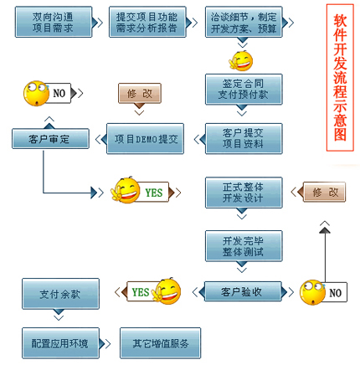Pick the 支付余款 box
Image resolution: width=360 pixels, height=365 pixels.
pyautogui.click(x=60, y=295)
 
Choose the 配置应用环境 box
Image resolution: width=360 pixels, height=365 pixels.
pyautogui.click(x=60, y=342)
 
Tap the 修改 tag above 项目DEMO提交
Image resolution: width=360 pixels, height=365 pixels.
pyautogui.click(x=139, y=93)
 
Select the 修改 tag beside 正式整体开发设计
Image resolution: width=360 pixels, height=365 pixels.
pyautogui.click(x=326, y=192)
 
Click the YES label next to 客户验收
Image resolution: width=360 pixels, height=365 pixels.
pyautogui.click(x=139, y=291)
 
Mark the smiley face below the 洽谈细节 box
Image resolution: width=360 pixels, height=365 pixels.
pyautogui.click(x=241, y=60)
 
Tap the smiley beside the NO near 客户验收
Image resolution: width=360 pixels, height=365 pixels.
pyautogui.click(x=312, y=292)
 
